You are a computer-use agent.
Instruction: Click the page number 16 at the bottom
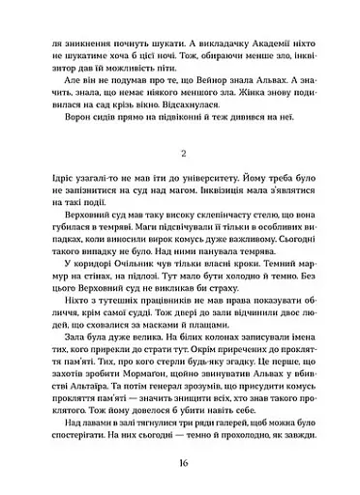pyautogui.click(x=181, y=462)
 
